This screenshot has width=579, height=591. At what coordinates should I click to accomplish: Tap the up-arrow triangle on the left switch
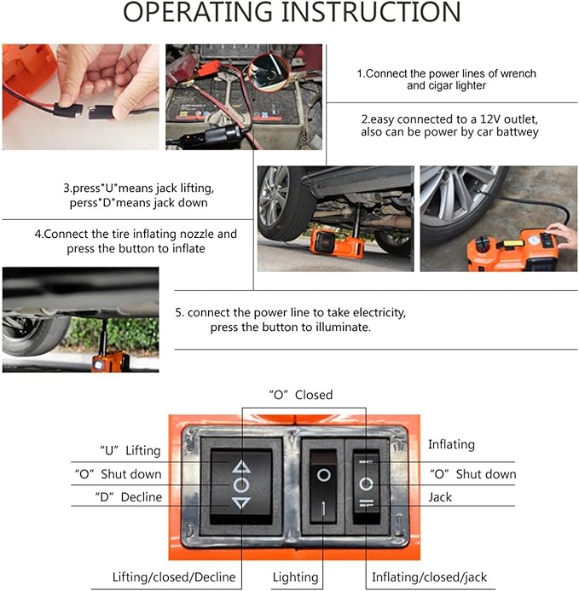[241, 466]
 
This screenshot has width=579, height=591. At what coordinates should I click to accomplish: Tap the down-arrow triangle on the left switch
[241, 503]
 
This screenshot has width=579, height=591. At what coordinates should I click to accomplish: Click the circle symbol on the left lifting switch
[241, 484]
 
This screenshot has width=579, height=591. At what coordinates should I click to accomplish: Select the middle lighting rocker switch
[323, 485]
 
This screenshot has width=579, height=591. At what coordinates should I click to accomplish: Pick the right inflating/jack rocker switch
[367, 485]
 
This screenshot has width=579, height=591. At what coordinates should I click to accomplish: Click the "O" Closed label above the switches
[301, 395]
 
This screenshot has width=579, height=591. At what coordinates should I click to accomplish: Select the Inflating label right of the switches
[451, 444]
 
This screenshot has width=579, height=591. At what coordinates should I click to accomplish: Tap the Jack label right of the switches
[440, 497]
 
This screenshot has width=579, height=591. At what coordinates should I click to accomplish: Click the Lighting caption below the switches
[296, 577]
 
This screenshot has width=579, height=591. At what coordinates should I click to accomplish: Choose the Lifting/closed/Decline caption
[174, 577]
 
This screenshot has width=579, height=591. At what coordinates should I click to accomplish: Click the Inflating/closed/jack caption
[429, 577]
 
